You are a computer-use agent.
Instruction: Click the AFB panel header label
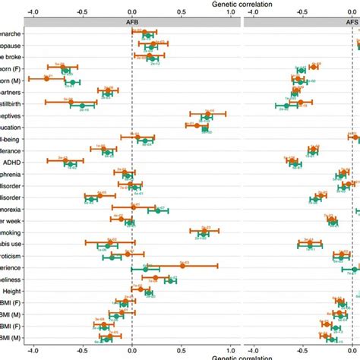pyautogui.click(x=131, y=22)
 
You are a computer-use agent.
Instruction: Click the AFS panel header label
pyautogui.click(x=350, y=22)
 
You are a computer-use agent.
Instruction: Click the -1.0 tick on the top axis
pyautogui.click(x=33, y=12)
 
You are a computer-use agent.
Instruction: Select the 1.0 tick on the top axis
pyautogui.click(x=232, y=12)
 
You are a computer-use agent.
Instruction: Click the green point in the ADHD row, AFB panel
pyautogui.click(x=71, y=164)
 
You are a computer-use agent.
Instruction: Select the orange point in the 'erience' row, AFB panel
pyautogui.click(x=182, y=264)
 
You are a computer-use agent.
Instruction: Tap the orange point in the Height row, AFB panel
pyautogui.click(x=140, y=288)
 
